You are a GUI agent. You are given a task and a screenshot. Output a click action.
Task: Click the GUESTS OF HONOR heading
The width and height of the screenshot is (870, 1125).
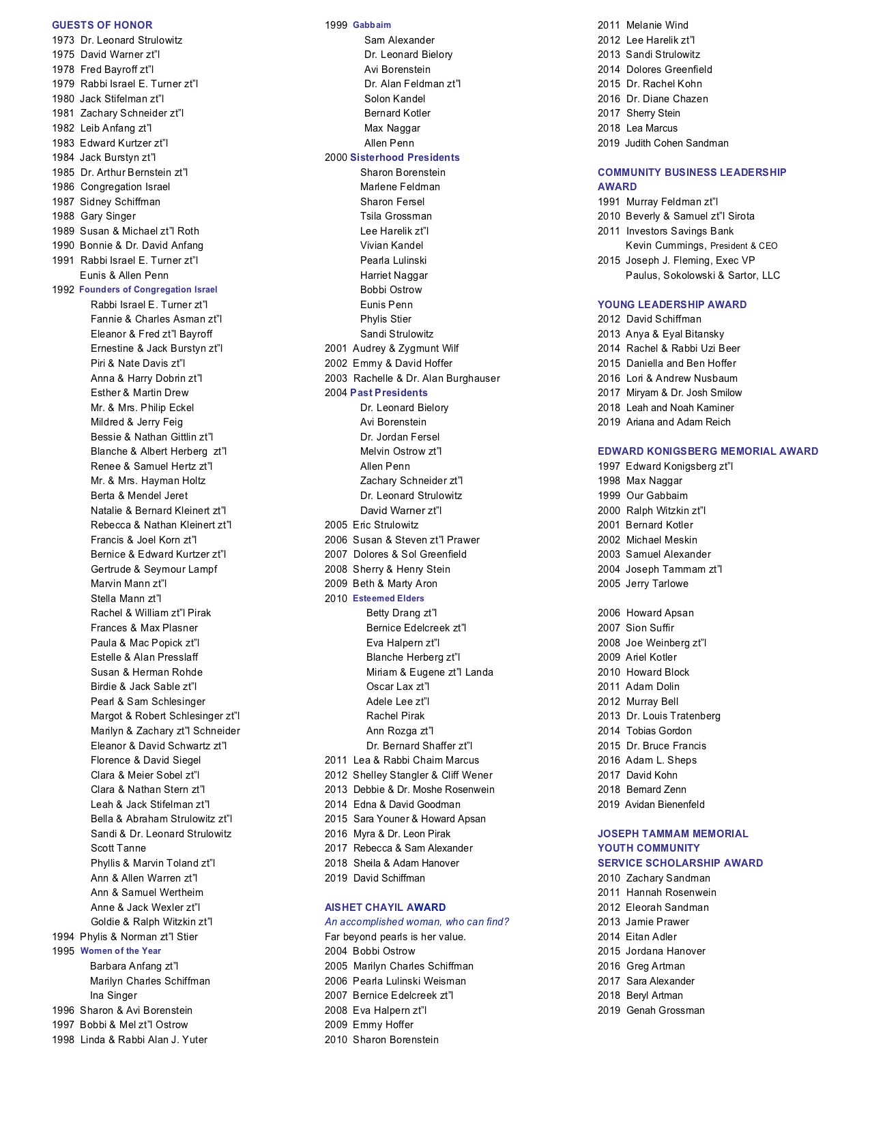(x=102, y=25)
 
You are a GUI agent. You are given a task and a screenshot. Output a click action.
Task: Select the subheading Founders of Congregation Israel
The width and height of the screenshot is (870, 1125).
(x=148, y=290)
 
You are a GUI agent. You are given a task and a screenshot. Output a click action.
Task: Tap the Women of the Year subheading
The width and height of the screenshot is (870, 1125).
(x=121, y=951)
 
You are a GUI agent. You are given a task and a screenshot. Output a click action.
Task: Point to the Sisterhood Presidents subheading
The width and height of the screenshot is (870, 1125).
(x=405, y=157)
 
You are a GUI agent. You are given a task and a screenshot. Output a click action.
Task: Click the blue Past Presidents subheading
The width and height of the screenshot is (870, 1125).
(x=389, y=393)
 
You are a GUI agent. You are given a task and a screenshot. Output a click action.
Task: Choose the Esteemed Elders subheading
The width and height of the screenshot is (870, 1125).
(x=388, y=599)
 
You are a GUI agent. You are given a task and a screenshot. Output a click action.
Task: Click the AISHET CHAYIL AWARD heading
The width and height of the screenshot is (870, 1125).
(x=386, y=907)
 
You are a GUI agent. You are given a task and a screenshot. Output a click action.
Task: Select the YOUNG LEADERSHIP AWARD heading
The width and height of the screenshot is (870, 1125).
(x=672, y=305)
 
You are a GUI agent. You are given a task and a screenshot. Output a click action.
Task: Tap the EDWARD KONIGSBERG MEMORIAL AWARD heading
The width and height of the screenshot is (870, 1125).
(x=708, y=451)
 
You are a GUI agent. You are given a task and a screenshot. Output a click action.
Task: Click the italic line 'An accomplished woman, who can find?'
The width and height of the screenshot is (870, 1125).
(x=417, y=922)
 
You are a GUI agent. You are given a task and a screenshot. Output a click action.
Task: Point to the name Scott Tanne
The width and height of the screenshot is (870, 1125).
(x=118, y=848)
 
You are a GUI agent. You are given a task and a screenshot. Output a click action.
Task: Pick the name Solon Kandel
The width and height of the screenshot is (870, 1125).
(x=395, y=99)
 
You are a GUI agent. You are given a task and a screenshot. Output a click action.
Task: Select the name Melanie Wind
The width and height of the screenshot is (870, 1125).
(x=657, y=25)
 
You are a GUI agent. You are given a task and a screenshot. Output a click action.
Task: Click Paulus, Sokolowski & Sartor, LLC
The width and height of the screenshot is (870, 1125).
(x=703, y=275)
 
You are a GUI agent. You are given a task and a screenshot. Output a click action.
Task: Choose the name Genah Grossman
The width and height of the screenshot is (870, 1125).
(x=665, y=1010)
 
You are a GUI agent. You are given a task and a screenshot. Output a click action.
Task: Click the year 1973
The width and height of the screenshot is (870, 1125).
(x=63, y=40)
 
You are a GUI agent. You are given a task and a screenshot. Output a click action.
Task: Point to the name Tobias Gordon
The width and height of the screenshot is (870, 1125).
(x=658, y=731)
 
